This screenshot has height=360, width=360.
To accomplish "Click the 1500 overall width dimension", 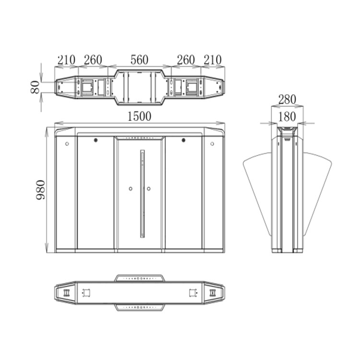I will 139,116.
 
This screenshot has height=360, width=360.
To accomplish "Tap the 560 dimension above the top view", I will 139,60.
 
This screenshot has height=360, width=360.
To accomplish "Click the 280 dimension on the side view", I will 287,99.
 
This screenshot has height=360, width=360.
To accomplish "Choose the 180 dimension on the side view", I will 287,116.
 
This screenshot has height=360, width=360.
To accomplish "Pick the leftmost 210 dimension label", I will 66,60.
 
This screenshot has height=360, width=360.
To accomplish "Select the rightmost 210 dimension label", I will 212,60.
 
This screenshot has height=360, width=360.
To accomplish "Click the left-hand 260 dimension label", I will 93,60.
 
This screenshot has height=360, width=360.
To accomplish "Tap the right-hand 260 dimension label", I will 186,60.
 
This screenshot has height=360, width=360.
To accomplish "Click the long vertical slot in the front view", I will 142,194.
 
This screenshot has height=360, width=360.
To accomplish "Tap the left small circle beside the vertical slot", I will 131,188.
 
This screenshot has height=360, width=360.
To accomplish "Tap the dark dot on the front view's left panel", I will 96,141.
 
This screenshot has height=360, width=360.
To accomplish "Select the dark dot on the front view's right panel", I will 183,141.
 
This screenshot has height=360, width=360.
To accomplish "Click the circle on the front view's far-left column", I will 67,144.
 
